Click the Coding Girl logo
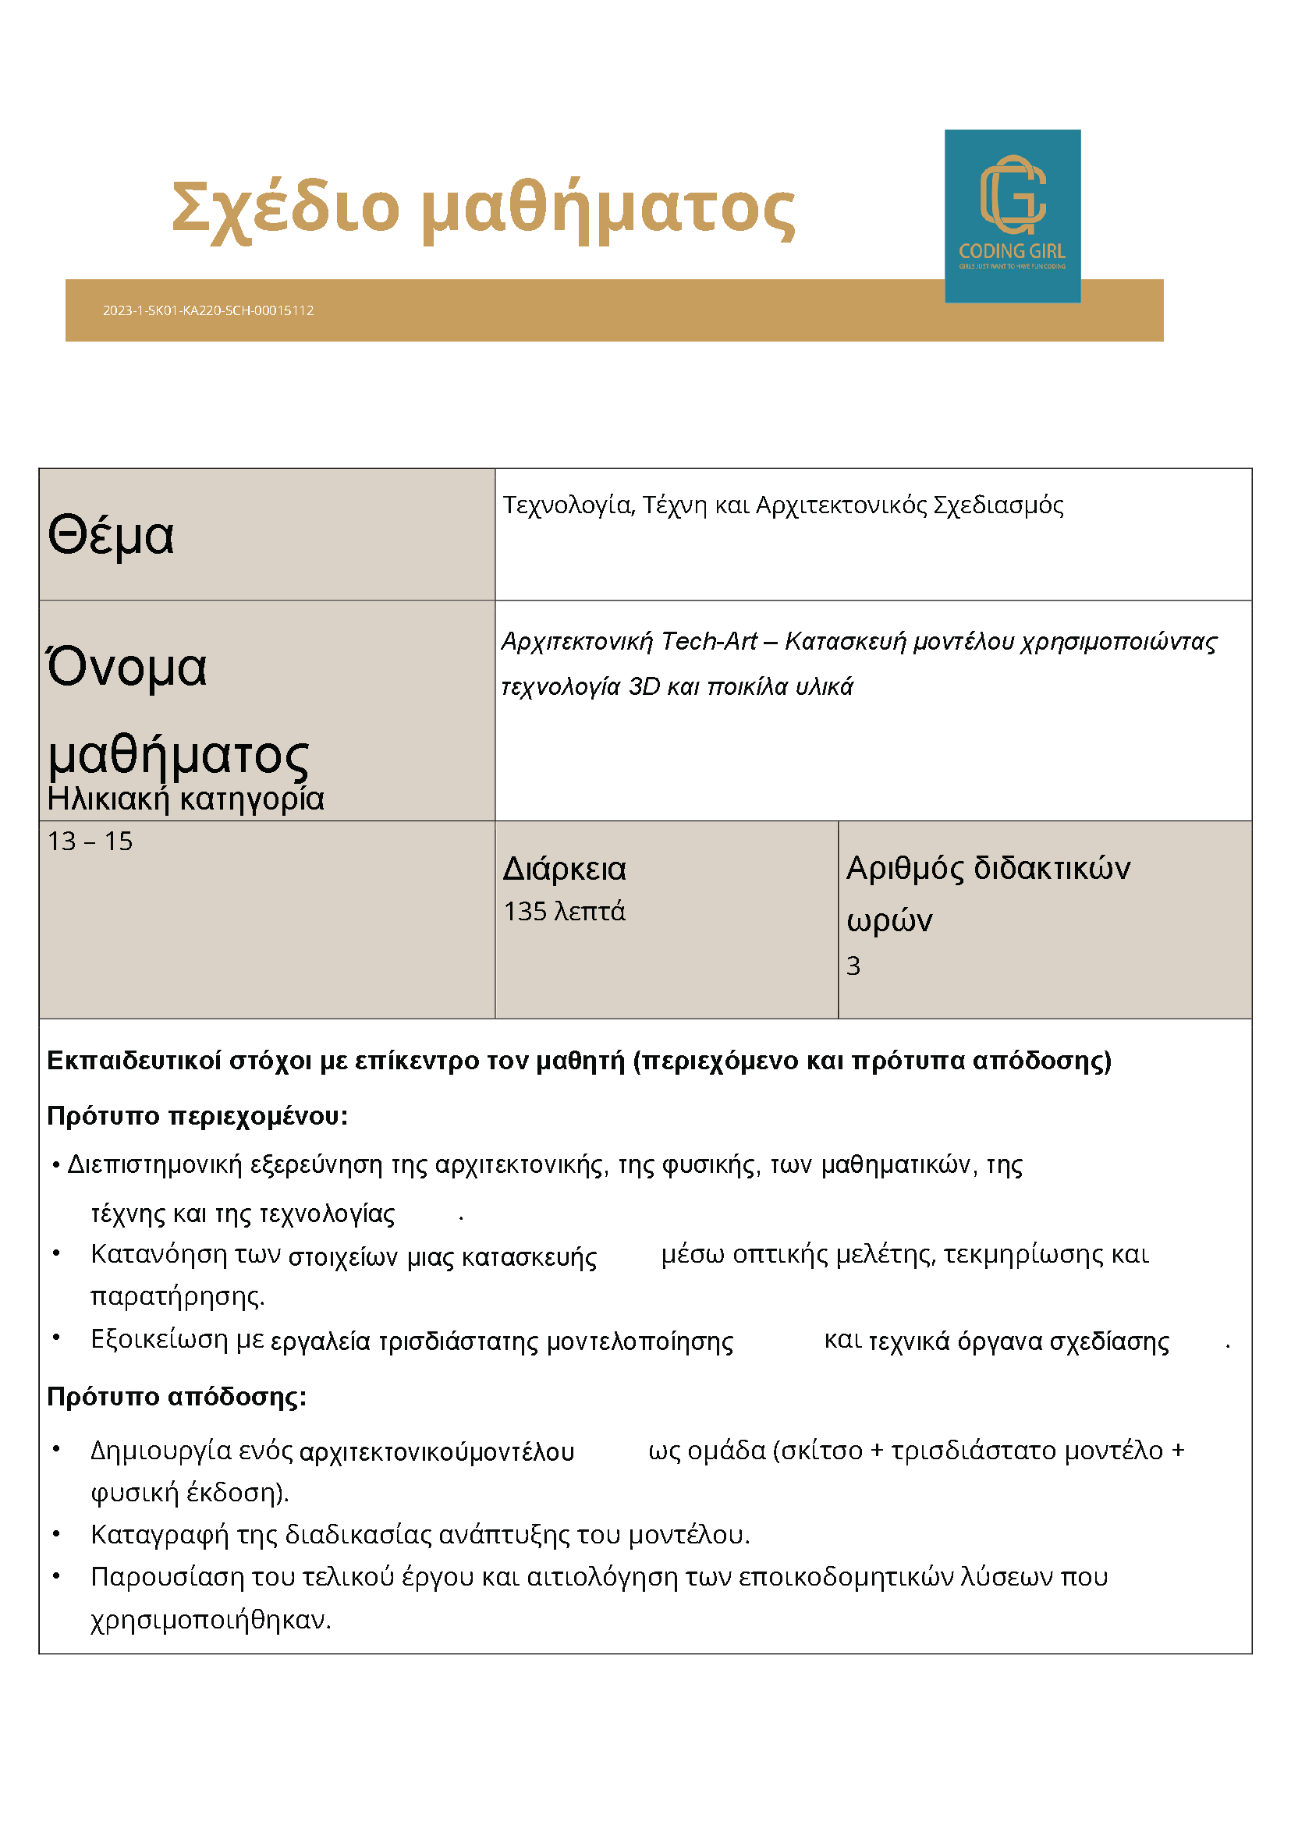[1011, 215]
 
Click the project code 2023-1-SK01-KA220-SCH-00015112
[207, 310]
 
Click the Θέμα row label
[111, 535]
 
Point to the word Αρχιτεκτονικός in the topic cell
[840, 505]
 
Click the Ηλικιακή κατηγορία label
[185, 799]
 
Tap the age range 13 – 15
[90, 841]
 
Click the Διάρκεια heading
[565, 869]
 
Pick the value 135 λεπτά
[564, 911]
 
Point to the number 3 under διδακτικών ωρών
[853, 966]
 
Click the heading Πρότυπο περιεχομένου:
[197, 1116]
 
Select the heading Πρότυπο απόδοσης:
[176, 1397]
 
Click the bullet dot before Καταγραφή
[56, 1533]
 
